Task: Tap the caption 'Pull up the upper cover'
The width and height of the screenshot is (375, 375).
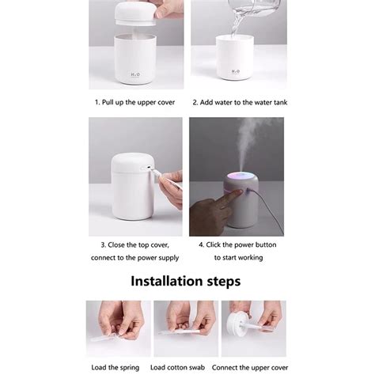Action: click(x=139, y=102)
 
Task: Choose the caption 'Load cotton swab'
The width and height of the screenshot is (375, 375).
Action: click(x=187, y=366)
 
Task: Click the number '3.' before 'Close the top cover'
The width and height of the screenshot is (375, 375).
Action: click(x=103, y=244)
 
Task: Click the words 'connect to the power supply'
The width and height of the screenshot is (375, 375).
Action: click(x=135, y=257)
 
